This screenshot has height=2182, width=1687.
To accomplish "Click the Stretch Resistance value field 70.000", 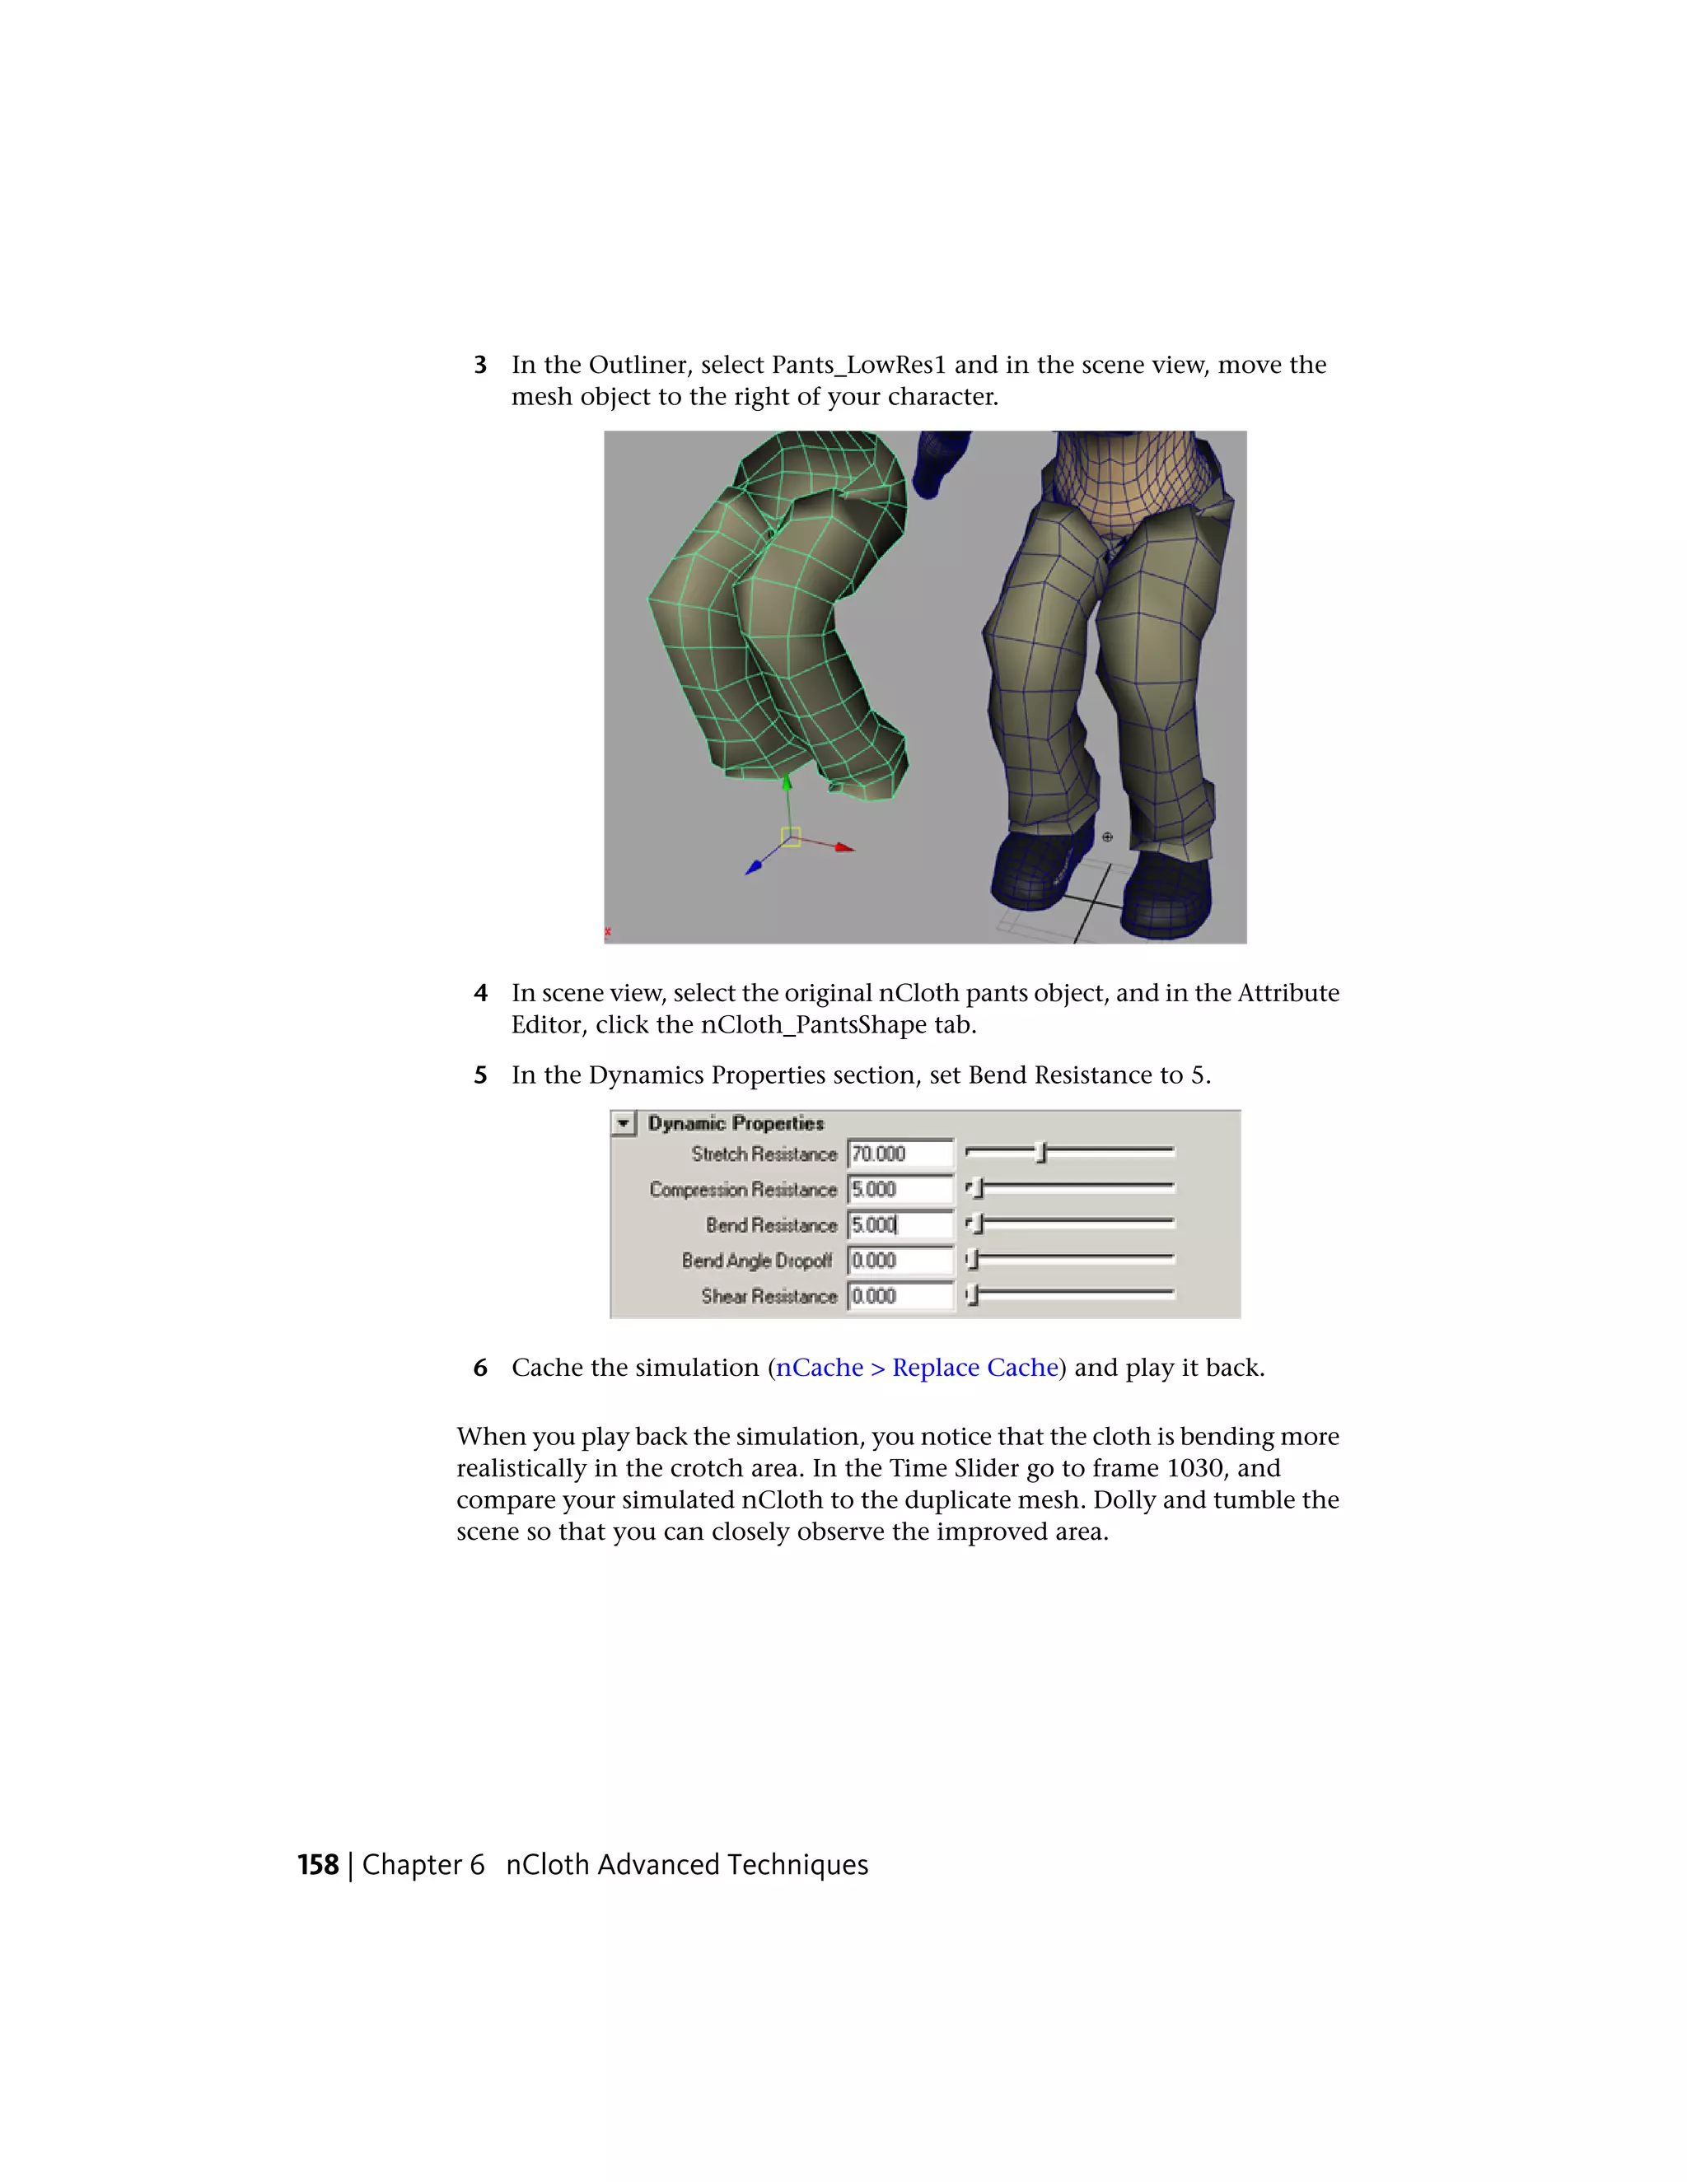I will [x=900, y=1154].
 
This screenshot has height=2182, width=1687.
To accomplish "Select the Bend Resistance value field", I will [x=900, y=1225].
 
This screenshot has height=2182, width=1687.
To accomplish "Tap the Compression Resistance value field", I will [x=900, y=1190].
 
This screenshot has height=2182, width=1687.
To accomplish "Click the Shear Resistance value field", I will [x=900, y=1297].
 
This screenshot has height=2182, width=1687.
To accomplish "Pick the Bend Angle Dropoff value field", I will [x=900, y=1261].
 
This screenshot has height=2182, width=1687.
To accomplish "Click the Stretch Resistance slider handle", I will [x=1040, y=1153].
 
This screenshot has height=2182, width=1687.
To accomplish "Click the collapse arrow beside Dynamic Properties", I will [x=624, y=1124].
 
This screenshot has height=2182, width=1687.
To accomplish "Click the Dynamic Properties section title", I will [x=736, y=1124].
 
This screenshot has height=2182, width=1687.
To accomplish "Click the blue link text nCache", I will [x=820, y=1368].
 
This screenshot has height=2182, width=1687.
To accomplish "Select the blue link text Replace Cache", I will [x=974, y=1368].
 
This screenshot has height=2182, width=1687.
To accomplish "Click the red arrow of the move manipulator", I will [x=844, y=847].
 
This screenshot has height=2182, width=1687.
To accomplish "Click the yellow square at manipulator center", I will [x=791, y=837].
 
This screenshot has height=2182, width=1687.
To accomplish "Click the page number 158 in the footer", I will [x=318, y=1865].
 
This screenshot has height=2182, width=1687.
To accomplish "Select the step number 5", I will [x=481, y=1076].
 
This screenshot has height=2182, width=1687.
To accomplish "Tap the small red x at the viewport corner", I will [x=608, y=932].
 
